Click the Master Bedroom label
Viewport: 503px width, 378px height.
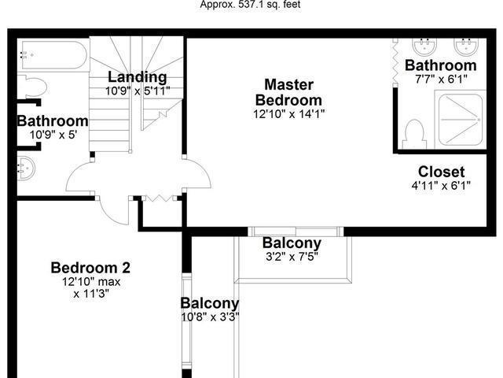(288, 92)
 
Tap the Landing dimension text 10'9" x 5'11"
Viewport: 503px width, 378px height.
(138, 91)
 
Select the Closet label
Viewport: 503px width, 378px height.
(441, 172)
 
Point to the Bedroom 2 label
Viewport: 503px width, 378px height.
(91, 268)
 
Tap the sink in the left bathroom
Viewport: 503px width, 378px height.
(26, 168)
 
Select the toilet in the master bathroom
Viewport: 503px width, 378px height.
(415, 134)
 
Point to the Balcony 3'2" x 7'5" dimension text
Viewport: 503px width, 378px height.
(292, 257)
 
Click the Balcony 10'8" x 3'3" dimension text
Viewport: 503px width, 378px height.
(210, 317)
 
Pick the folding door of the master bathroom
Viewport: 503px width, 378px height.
(395, 62)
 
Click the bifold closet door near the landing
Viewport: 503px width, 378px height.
(160, 198)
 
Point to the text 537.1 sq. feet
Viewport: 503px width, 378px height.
(269, 5)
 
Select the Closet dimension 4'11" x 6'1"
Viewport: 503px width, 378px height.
(441, 186)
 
